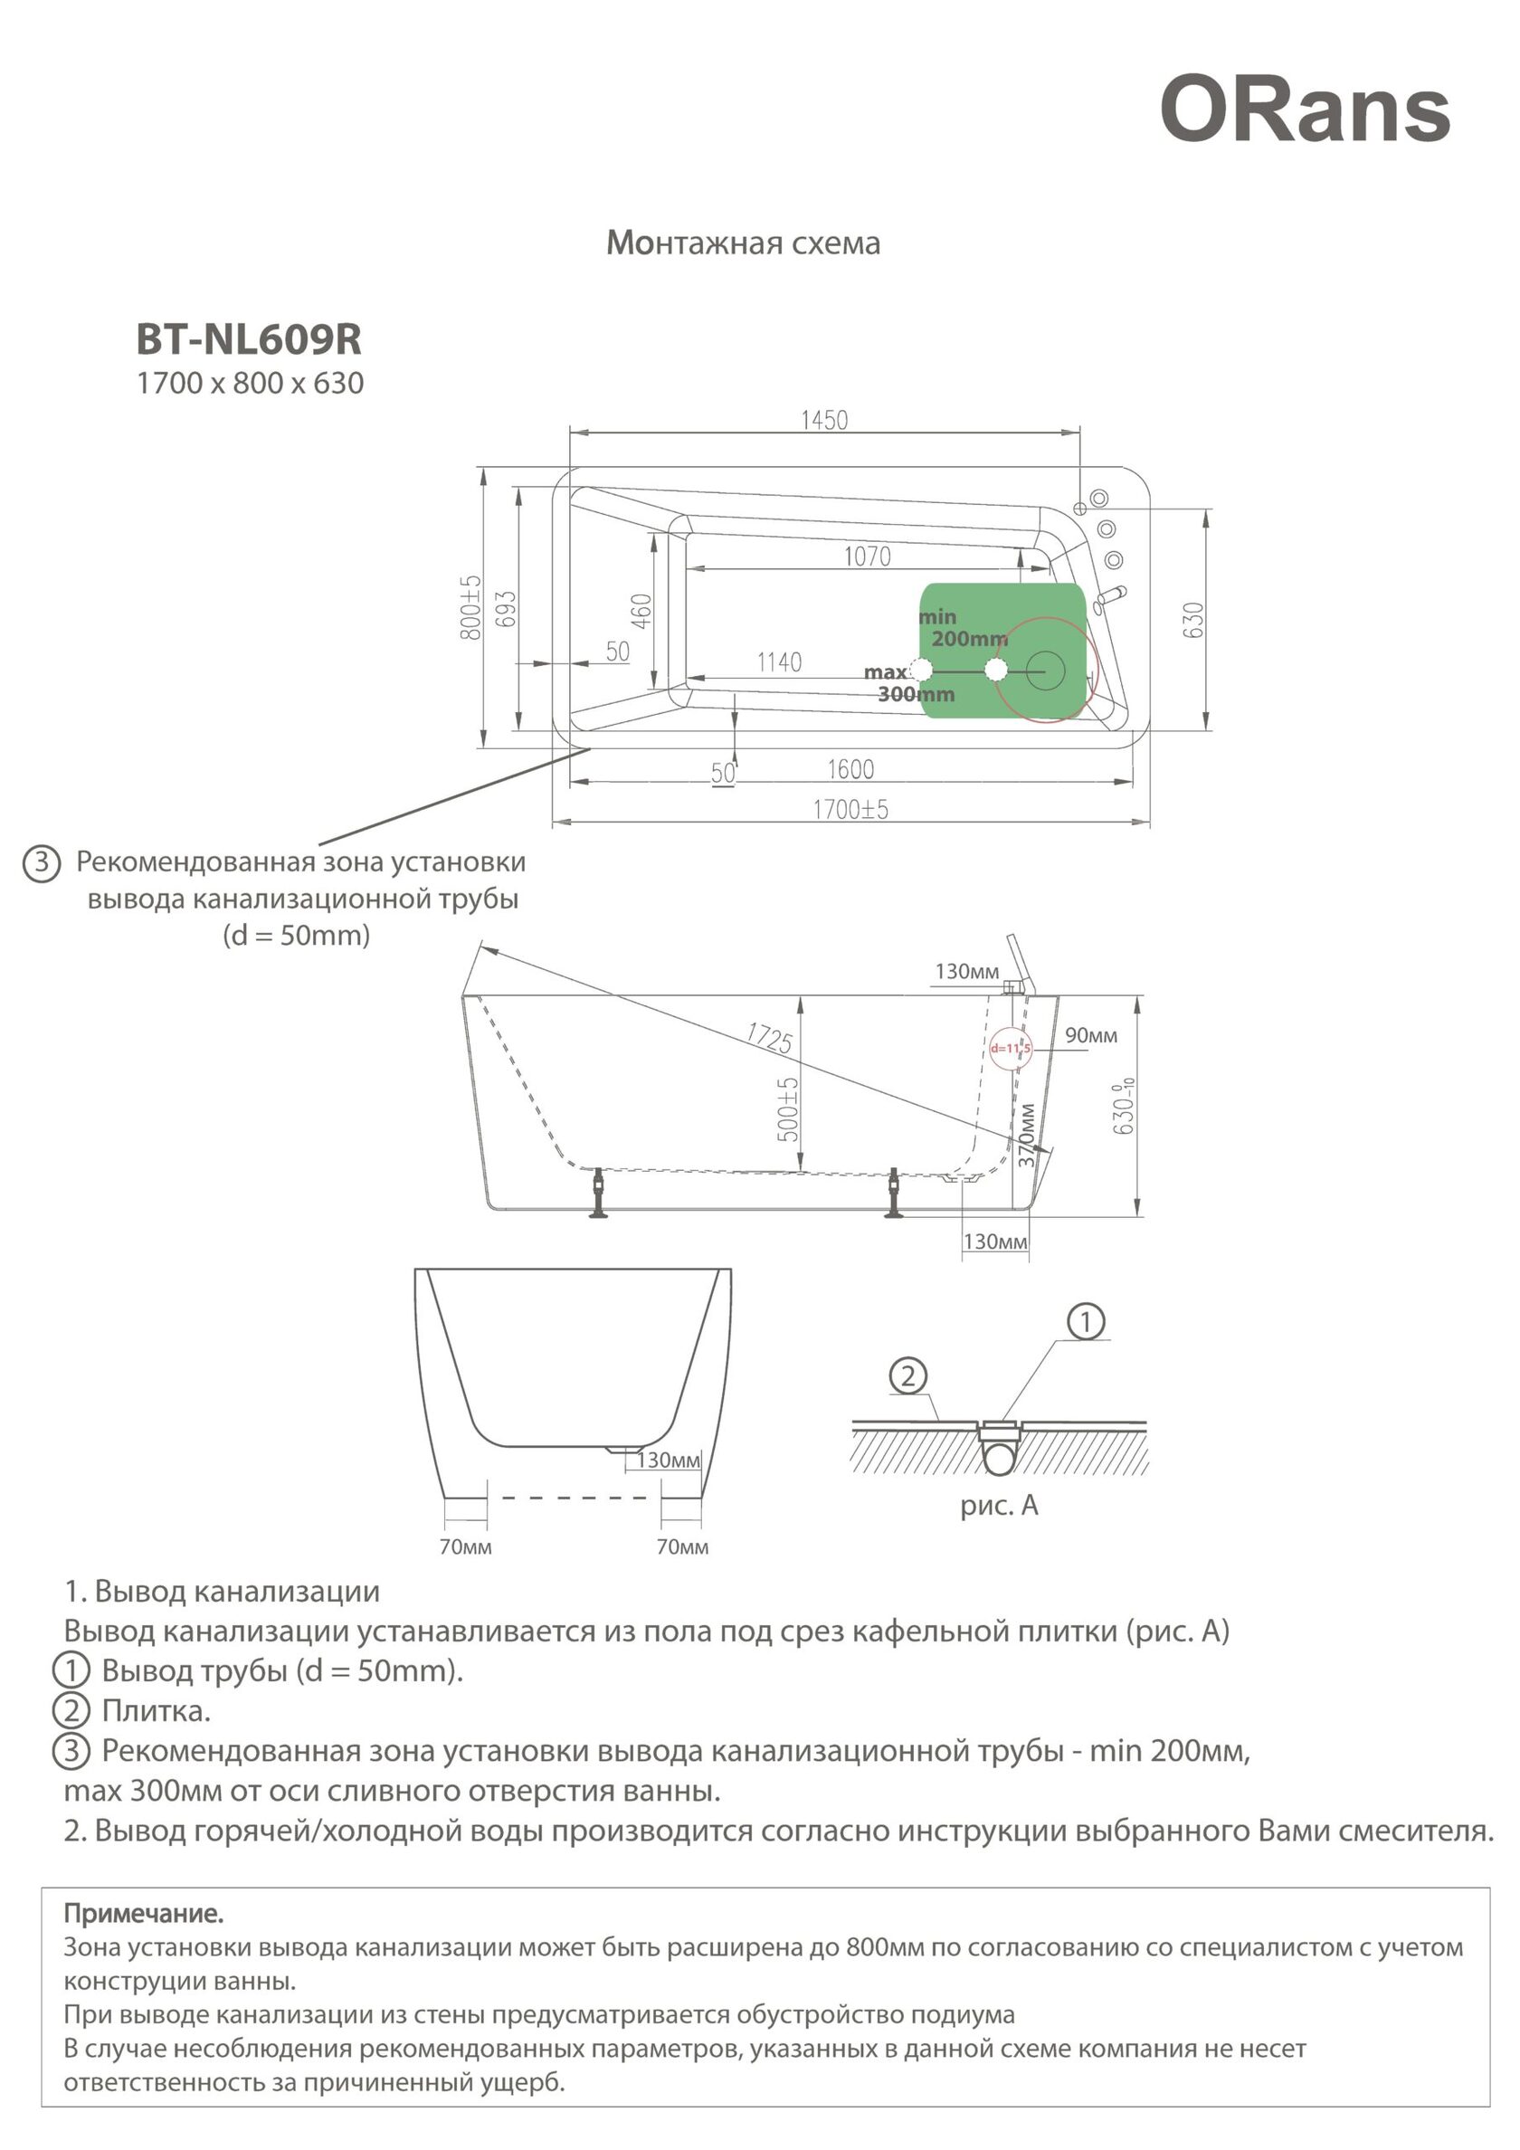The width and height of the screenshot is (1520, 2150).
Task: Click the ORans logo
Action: (x=1305, y=110)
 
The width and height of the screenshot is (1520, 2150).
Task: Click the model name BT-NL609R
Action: (x=249, y=340)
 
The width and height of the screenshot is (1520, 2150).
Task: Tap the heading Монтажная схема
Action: (x=743, y=243)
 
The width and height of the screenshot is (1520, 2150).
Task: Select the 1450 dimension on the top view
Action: (x=824, y=420)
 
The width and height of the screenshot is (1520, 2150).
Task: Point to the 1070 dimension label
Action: (x=866, y=557)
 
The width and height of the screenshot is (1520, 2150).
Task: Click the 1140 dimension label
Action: (x=779, y=663)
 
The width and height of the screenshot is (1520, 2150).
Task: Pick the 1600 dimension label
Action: (x=850, y=770)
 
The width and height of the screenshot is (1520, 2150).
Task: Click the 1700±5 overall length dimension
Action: (x=850, y=809)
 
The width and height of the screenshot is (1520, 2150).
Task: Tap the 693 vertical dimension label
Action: (x=505, y=609)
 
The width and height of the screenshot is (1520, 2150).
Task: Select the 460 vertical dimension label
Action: (x=641, y=611)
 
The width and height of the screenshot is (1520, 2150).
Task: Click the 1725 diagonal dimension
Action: (x=769, y=1038)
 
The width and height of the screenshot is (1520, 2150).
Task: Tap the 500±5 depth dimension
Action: (x=789, y=1108)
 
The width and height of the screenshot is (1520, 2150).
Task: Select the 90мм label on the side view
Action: (x=1091, y=1036)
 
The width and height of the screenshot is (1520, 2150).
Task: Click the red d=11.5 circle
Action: (x=1011, y=1048)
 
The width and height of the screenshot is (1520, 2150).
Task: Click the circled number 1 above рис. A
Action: (x=1087, y=1321)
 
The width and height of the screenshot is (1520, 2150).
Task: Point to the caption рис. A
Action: (x=999, y=1506)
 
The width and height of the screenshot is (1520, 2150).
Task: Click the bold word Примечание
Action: (x=143, y=1913)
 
